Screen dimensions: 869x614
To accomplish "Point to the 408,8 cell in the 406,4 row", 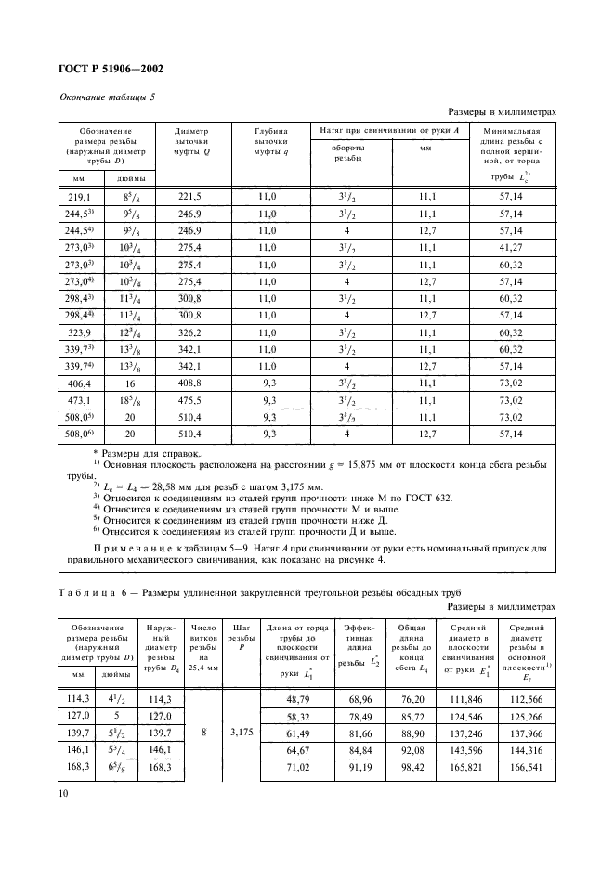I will coord(190,383).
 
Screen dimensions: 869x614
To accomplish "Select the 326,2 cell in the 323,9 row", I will coord(190,330).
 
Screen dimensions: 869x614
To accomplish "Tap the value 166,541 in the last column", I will coord(526,768).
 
